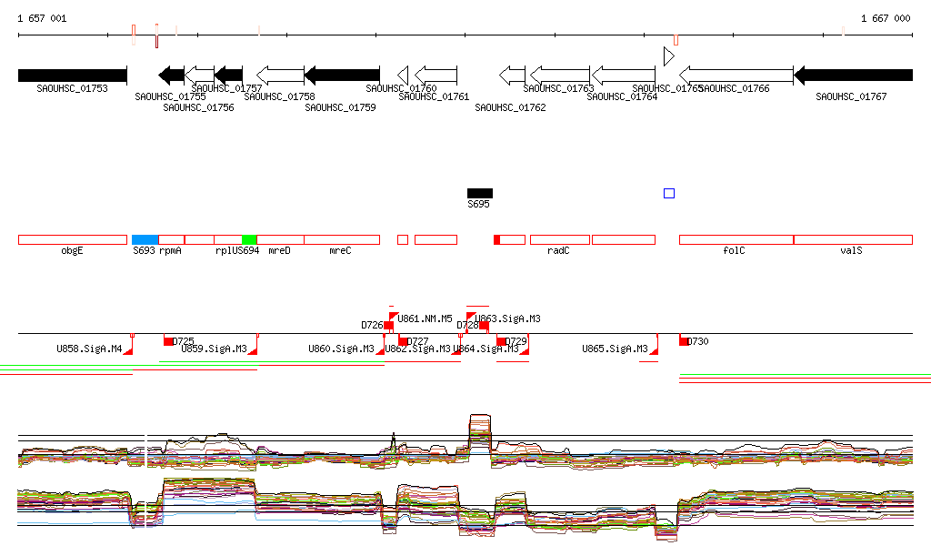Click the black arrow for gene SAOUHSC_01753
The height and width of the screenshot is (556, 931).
pyautogui.click(x=72, y=75)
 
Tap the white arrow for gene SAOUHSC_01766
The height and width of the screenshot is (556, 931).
pyautogui.click(x=736, y=75)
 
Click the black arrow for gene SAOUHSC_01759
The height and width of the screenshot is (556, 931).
pyautogui.click(x=342, y=75)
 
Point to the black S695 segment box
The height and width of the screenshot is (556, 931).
pyautogui.click(x=479, y=193)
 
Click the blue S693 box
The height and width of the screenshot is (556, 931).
pyautogui.click(x=145, y=239)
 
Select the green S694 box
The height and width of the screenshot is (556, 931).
pyautogui.click(x=248, y=239)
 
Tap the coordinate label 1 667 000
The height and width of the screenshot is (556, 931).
pyautogui.click(x=885, y=18)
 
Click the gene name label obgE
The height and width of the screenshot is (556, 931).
pyautogui.click(x=72, y=250)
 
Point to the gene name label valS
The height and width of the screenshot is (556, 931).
pyautogui.click(x=851, y=250)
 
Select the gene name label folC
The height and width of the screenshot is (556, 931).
pyautogui.click(x=734, y=250)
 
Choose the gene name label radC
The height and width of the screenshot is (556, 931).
pyautogui.click(x=558, y=250)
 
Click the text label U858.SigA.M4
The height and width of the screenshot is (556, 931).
pyautogui.click(x=89, y=349)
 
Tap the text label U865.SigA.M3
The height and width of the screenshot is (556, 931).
pyautogui.click(x=615, y=349)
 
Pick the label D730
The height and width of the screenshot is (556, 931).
pyautogui.click(x=697, y=341)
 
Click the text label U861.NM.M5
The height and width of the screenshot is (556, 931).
pyautogui.click(x=426, y=318)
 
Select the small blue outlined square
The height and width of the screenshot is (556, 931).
pyautogui.click(x=669, y=193)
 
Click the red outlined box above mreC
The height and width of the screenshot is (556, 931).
pyautogui.click(x=342, y=239)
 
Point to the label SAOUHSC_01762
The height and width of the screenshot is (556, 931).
pyautogui.click(x=510, y=107)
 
